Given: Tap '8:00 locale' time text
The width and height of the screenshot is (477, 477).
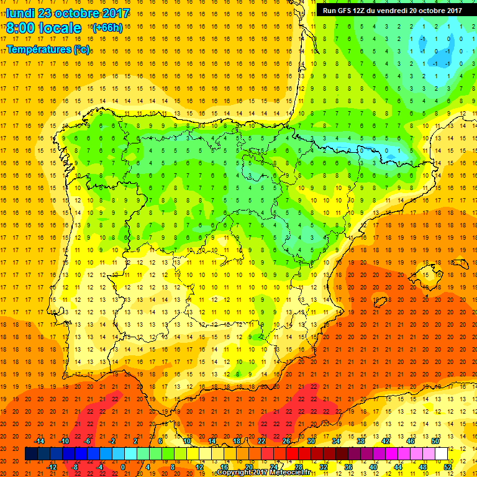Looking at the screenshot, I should (43, 28).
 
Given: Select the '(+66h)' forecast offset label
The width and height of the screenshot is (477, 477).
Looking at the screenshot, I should (107, 28).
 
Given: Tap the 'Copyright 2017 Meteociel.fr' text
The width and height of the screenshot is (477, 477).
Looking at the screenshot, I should (263, 473).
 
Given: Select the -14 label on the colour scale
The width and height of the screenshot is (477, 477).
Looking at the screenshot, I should (39, 440).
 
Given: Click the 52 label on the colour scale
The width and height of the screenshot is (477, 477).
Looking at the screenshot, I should (448, 466).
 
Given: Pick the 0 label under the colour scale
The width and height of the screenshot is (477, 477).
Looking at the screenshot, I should (122, 466).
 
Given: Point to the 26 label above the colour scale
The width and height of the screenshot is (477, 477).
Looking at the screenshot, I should (286, 440).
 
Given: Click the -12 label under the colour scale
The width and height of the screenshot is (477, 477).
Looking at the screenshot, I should (52, 466).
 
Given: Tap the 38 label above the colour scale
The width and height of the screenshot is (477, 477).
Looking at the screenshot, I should (360, 440).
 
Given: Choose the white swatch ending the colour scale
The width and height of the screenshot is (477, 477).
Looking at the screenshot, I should (442, 453).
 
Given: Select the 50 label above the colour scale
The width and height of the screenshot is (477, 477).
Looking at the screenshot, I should (435, 440).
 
